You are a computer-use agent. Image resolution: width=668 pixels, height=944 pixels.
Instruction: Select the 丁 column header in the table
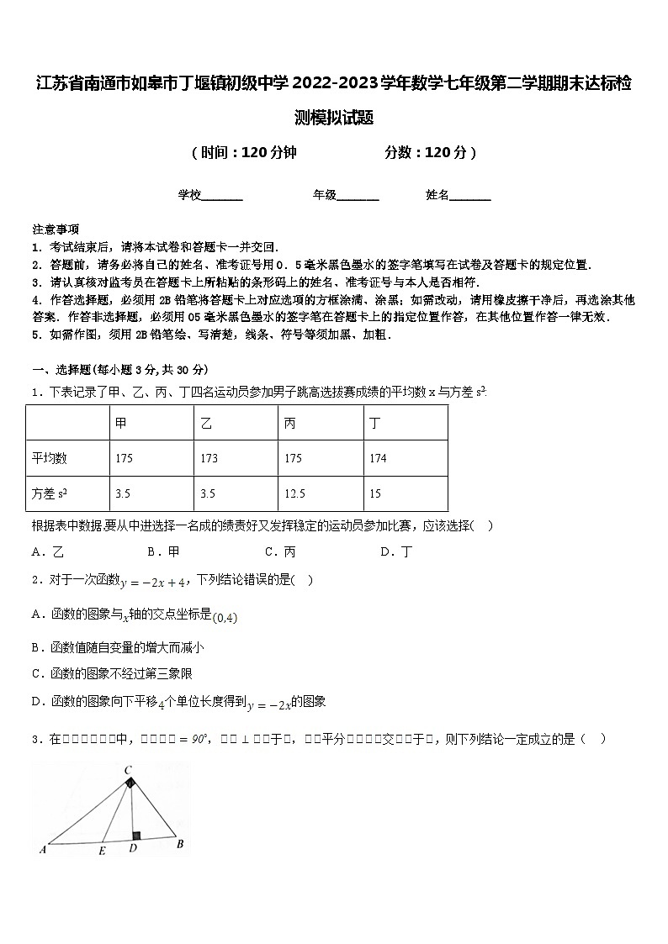click(x=375, y=423)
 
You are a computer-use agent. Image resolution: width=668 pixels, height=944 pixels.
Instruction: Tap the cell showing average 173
click(x=209, y=458)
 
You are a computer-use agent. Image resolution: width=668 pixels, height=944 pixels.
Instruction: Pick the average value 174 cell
click(x=378, y=458)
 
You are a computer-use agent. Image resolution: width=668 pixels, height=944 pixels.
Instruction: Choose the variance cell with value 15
click(x=375, y=494)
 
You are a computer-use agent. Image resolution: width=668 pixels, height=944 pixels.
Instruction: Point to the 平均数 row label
click(x=50, y=458)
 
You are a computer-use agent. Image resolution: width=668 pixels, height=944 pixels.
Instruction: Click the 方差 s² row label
click(x=50, y=494)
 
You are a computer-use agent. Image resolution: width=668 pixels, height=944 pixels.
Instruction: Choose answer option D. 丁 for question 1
click(x=396, y=552)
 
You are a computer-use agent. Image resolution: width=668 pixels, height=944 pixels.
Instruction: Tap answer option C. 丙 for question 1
click(x=280, y=552)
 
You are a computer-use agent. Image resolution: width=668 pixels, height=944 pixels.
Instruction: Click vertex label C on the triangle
click(x=128, y=769)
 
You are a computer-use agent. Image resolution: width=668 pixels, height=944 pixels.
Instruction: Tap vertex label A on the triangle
click(x=41, y=849)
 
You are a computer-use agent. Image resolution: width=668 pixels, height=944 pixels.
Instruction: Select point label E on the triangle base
click(x=102, y=850)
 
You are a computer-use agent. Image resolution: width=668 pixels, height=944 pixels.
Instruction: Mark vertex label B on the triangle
click(x=179, y=844)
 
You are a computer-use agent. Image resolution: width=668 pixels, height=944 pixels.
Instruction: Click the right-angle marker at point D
click(x=135, y=836)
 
